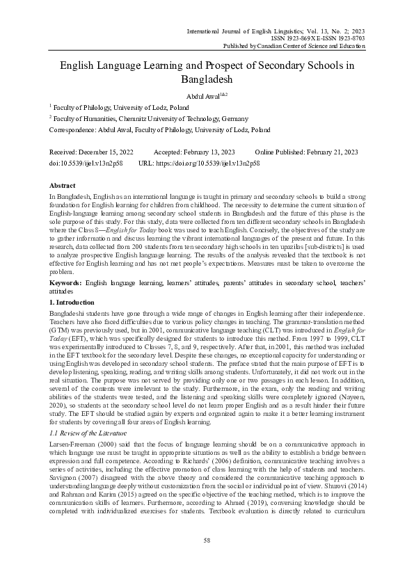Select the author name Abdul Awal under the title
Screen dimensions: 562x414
200,96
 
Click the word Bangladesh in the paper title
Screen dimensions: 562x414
207,79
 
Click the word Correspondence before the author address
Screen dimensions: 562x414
70,130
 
